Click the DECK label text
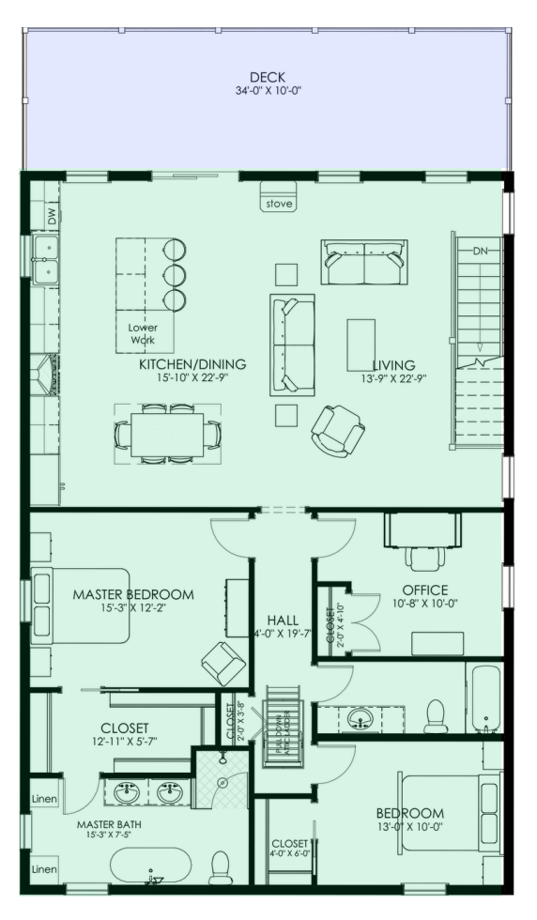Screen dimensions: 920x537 (x=268, y=77)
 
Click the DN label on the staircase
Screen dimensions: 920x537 (x=480, y=251)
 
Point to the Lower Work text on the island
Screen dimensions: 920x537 (x=143, y=333)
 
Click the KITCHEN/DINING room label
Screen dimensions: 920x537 (x=192, y=364)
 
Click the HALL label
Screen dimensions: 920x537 (x=282, y=621)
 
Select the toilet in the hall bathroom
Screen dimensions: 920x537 (x=436, y=715)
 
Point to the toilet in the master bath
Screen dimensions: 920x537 (x=221, y=869)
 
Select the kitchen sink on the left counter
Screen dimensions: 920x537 (x=44, y=260)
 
